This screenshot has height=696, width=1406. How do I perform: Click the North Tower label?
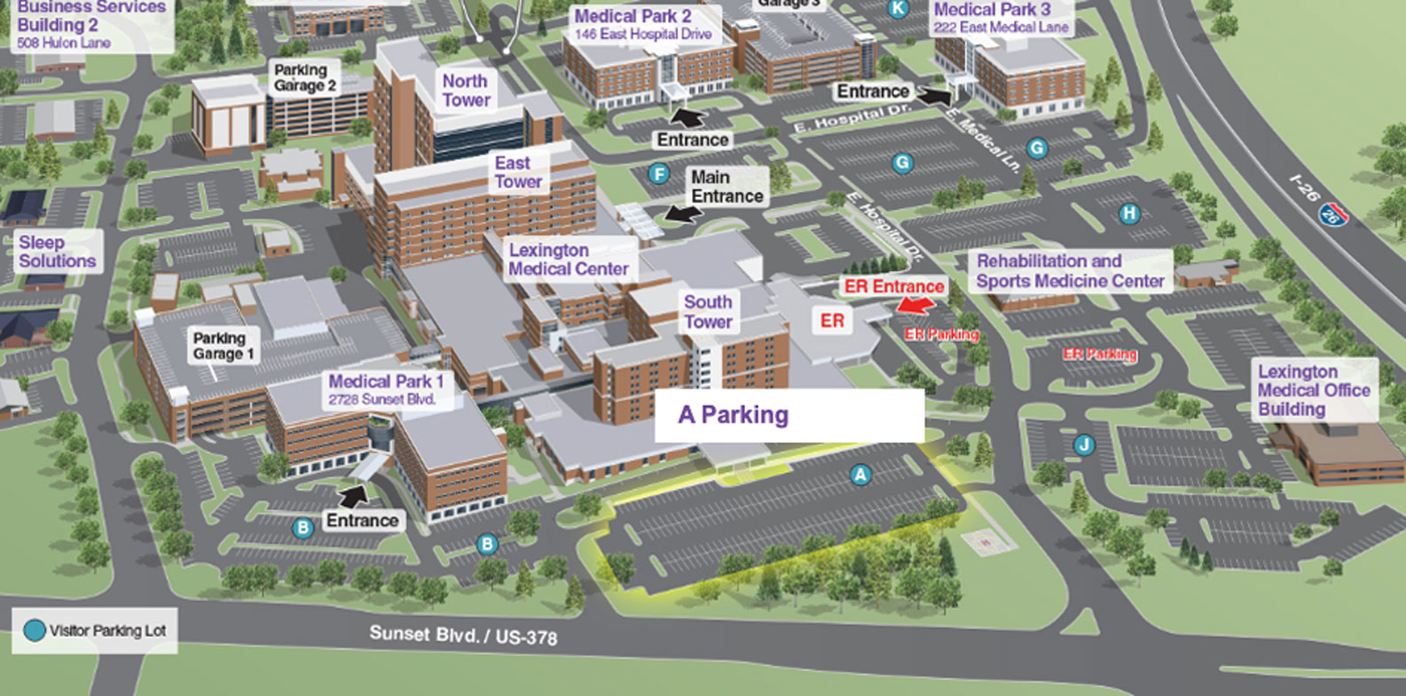(x=466, y=91)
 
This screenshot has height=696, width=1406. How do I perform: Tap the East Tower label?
(x=517, y=173)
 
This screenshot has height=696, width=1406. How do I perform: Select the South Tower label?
(x=708, y=312)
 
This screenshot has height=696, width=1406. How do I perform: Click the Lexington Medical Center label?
(x=569, y=259)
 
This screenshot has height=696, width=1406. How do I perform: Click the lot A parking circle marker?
(x=860, y=475)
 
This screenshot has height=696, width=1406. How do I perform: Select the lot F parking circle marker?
(x=658, y=174)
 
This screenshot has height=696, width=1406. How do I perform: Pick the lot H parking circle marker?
(x=1129, y=213)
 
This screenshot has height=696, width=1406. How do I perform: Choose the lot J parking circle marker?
(x=1083, y=445)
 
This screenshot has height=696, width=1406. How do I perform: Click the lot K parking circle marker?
(x=899, y=9)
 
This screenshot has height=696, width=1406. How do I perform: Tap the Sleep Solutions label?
(x=57, y=252)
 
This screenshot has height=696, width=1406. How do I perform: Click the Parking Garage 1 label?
(x=224, y=346)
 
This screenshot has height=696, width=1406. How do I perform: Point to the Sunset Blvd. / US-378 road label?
(x=463, y=635)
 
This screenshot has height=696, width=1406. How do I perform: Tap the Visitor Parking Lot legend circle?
(x=34, y=631)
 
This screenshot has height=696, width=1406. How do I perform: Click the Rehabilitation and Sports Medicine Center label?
(x=1070, y=272)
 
